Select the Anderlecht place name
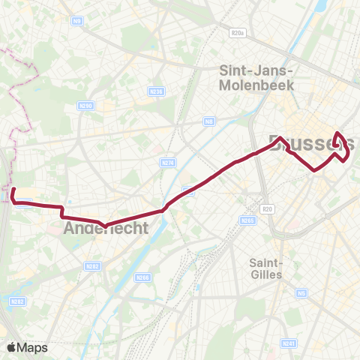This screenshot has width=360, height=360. pyautogui.click(x=106, y=228)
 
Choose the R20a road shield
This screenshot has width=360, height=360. pyautogui.click(x=238, y=33)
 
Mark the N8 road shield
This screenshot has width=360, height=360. pyautogui.click(x=209, y=120)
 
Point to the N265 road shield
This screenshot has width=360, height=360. pyautogui.click(x=249, y=220)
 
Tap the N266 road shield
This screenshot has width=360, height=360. pyautogui.click(x=143, y=277)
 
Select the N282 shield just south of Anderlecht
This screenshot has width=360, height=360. pyautogui.click(x=92, y=265)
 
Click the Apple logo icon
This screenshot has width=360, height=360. pyautogui.click(x=11, y=347)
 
